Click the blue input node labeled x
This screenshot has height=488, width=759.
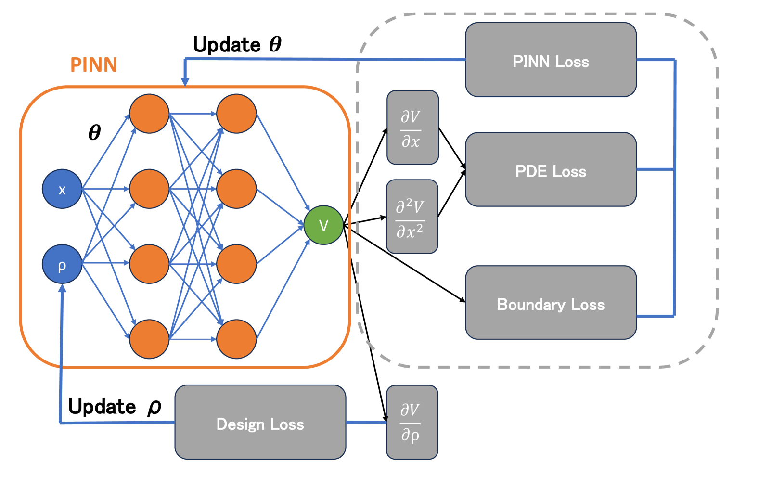62,189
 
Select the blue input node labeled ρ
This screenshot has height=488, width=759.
62,264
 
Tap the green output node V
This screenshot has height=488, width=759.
323,225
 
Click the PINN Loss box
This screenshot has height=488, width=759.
551,60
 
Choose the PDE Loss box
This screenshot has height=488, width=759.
551,169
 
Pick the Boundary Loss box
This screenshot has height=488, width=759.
551,302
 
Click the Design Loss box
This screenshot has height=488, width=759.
260,422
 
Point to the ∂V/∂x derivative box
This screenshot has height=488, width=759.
412,128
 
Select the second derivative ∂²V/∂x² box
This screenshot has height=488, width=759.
412,217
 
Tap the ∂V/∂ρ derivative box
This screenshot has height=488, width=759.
412,422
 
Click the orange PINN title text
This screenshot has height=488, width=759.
94,64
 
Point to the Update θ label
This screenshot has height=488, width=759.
237,44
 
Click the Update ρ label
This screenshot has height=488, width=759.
115,406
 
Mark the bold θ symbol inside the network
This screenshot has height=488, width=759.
94,132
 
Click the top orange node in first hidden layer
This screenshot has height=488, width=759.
149,114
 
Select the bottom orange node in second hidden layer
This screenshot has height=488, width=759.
236,339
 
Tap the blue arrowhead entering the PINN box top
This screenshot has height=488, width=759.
185,82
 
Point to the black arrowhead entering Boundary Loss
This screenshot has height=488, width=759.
462,299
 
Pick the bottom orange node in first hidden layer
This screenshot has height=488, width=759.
149,339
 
